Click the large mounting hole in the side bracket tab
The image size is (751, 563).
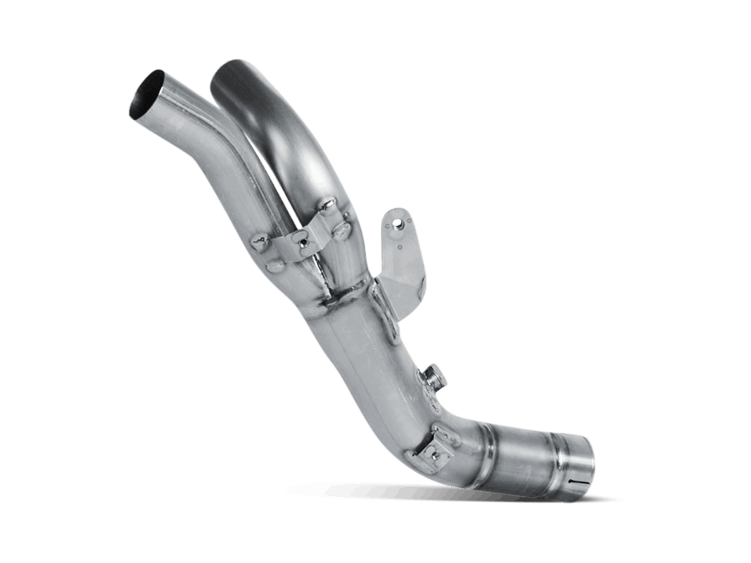coord(399,224)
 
